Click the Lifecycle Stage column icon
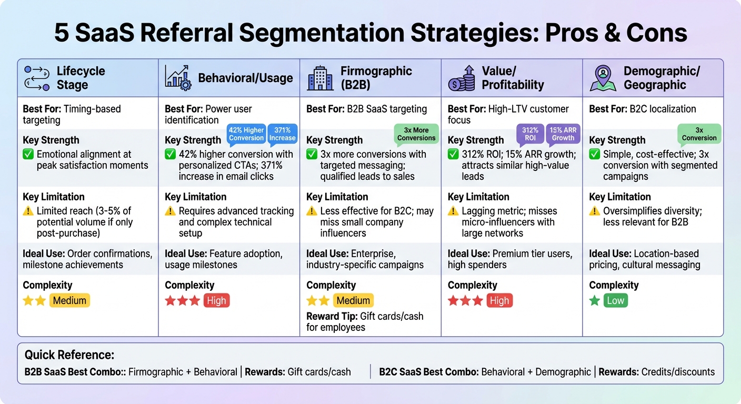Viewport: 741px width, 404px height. pos(37,78)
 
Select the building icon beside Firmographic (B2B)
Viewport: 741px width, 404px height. pos(320,78)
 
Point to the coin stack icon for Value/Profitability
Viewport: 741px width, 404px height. pos(461,78)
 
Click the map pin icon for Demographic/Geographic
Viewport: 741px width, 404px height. pos(603,78)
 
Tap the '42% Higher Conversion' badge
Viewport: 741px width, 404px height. pos(246,134)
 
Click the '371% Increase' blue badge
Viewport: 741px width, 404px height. pos(283,134)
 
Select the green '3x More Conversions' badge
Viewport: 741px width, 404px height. pos(416,134)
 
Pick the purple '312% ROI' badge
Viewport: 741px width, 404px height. pos(530,134)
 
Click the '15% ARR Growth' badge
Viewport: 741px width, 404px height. pos(563,134)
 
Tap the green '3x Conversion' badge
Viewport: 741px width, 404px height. pos(699,134)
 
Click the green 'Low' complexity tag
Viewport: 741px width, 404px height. pos(615,301)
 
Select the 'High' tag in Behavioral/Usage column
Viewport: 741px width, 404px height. pos(216,301)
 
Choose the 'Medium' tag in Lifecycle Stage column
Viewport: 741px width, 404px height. pos(70,301)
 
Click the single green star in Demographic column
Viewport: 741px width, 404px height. pos(595,301)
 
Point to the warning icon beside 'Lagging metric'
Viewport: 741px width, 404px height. pos(453,211)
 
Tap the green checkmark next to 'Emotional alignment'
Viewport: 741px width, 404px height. pos(28,155)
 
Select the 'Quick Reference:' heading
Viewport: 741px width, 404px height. pos(69,355)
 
